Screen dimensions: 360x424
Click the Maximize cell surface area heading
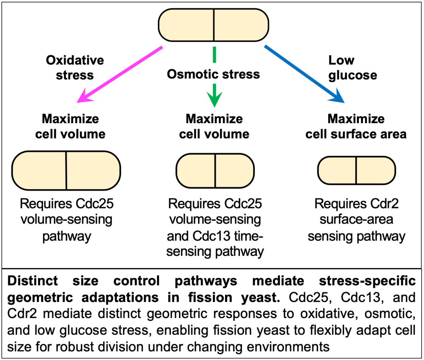coord(356,126)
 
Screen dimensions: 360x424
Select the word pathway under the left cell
coord(66,237)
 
